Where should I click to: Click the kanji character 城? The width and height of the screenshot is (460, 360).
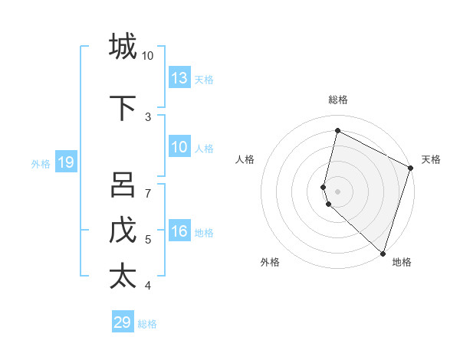123,46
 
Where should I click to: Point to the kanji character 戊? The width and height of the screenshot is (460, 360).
123,231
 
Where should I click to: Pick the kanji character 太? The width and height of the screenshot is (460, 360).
123,276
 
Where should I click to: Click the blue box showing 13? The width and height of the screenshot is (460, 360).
179,78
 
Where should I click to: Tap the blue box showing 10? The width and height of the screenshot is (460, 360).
179,148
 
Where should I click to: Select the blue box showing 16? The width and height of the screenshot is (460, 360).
179,232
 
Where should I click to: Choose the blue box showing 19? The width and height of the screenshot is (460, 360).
66,162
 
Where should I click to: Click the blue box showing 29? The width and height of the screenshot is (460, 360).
123,322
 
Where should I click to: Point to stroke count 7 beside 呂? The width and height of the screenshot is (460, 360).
148,194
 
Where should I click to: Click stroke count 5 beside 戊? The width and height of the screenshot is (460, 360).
148,240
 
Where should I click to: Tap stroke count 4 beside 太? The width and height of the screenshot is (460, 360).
148,286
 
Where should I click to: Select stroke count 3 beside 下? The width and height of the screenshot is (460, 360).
148,117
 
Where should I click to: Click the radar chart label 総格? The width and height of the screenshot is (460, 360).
338,100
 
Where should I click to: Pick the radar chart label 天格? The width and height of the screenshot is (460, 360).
431,159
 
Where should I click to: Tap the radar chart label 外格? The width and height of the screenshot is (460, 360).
270,262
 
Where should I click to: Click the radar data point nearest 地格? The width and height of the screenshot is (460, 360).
383,253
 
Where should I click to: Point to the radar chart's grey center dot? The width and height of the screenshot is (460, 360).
338,191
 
